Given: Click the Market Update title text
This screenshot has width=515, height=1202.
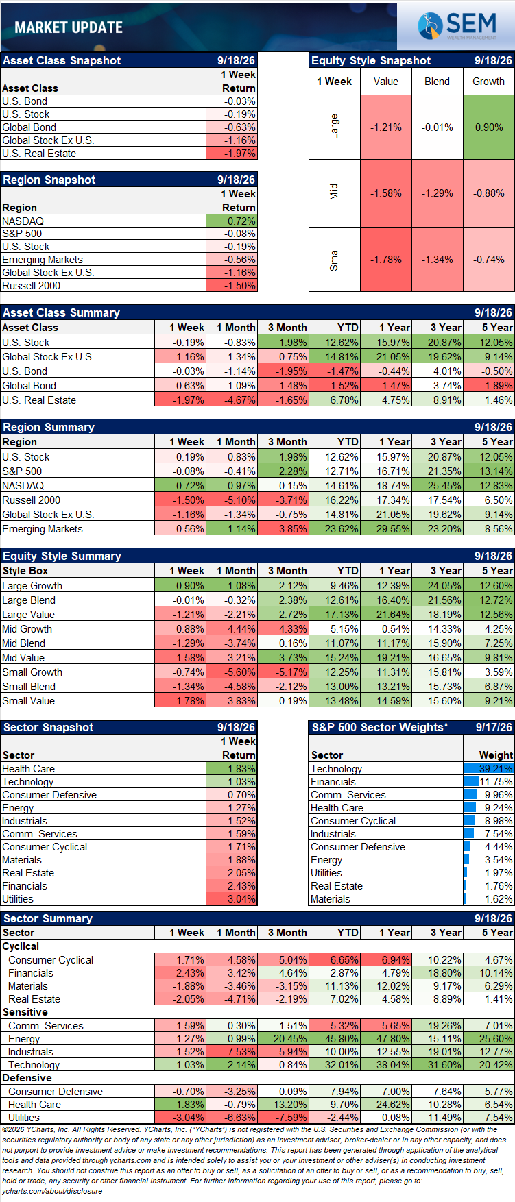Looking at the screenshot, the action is (69, 27).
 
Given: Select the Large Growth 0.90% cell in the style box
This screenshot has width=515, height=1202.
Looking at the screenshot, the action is (488, 127).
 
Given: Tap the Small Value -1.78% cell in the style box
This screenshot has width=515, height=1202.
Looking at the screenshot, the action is (386, 260).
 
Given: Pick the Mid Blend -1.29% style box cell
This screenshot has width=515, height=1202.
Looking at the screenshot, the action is (438, 193).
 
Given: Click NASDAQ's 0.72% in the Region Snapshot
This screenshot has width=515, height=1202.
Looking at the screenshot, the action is (232, 221).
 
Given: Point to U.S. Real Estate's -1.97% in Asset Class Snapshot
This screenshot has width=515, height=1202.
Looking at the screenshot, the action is (232, 154).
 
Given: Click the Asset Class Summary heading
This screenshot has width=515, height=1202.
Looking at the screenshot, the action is (62, 312).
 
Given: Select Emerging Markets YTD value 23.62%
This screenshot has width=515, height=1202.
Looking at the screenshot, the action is (335, 528).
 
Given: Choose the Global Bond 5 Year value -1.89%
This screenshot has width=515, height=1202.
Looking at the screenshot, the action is (489, 385).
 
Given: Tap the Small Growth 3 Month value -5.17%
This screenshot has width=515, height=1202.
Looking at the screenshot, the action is (283, 672).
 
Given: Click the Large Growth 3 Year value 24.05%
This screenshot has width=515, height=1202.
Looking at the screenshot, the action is (438, 585).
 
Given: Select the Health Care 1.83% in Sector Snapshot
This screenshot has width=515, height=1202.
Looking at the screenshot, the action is (232, 768).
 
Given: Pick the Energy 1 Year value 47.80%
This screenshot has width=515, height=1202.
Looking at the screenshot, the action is (386, 1038).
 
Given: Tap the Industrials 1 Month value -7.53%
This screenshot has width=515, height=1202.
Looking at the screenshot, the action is (232, 1051).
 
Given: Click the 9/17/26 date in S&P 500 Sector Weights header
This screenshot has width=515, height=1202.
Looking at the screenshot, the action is (494, 727).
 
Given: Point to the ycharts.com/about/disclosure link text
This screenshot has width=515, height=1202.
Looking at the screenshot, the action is (52, 1191).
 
